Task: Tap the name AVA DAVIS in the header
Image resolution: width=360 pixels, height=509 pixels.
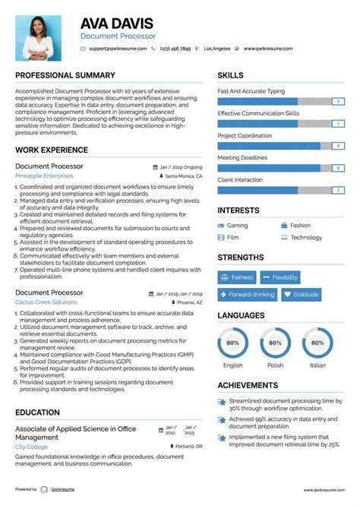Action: (x=116, y=23)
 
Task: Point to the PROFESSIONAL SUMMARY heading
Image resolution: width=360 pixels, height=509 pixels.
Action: (x=65, y=76)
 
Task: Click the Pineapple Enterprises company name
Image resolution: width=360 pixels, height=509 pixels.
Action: (x=44, y=175)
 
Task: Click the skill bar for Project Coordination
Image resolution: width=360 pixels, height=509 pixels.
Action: (x=280, y=145)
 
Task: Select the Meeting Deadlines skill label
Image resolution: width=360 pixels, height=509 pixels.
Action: (x=242, y=158)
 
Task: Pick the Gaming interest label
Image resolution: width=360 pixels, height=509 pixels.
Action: (x=237, y=226)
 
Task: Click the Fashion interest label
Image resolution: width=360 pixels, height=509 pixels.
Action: (x=300, y=226)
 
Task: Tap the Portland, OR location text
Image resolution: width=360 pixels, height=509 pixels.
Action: (x=188, y=447)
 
